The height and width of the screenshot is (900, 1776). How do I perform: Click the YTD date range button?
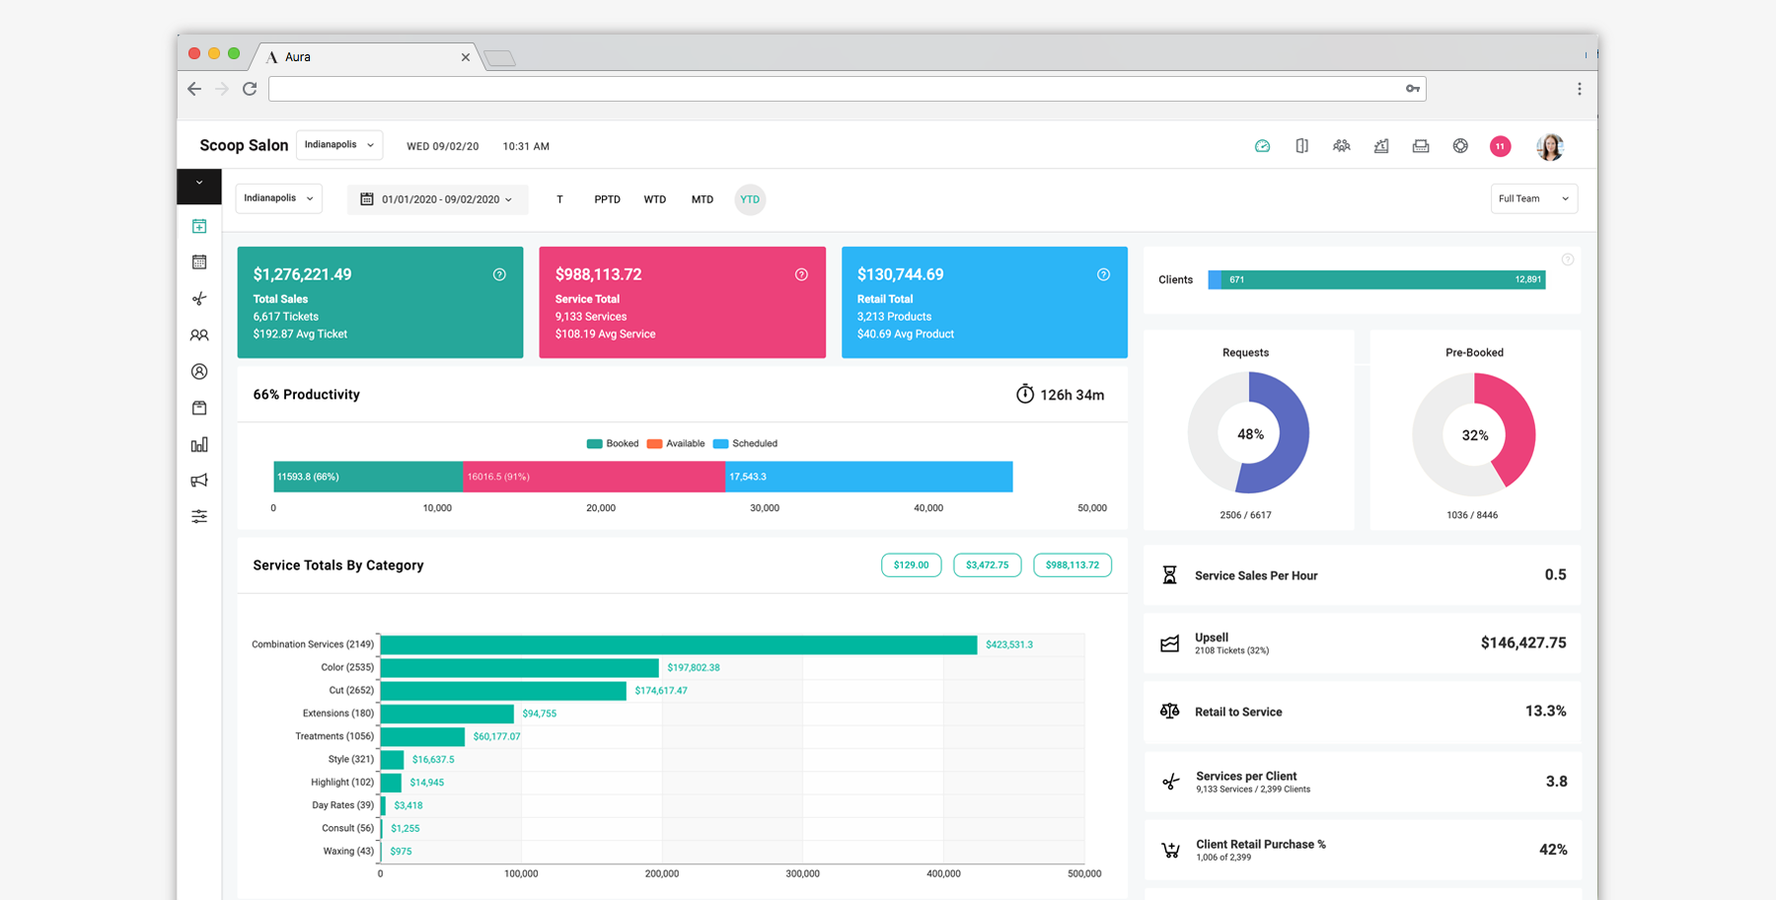click(x=750, y=199)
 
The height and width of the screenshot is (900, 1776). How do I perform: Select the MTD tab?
click(x=702, y=199)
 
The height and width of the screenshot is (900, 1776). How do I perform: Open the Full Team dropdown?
click(x=1532, y=199)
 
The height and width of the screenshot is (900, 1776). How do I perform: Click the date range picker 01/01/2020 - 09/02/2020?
click(x=438, y=199)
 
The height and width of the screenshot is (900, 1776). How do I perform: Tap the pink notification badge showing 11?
click(x=1500, y=146)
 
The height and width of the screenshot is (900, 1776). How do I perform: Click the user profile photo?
click(x=1550, y=146)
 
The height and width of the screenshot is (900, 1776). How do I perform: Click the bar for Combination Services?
click(x=678, y=644)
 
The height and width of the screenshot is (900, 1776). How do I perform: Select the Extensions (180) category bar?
click(x=446, y=713)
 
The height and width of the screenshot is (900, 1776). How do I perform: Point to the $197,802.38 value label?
click(x=693, y=668)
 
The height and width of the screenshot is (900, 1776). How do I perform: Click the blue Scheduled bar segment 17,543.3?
click(x=868, y=477)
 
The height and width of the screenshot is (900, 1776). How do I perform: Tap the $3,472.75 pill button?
click(x=987, y=565)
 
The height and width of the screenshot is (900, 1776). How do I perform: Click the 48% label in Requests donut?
click(x=1250, y=434)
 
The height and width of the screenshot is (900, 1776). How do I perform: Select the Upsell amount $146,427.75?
click(x=1522, y=642)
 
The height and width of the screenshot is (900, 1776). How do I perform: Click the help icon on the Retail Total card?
click(x=1103, y=275)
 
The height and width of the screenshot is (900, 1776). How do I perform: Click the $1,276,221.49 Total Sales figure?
click(x=302, y=274)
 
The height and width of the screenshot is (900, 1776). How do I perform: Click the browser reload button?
click(x=250, y=89)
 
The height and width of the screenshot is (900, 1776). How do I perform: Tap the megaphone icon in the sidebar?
click(x=199, y=481)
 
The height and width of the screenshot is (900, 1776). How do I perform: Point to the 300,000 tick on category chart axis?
click(x=802, y=873)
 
